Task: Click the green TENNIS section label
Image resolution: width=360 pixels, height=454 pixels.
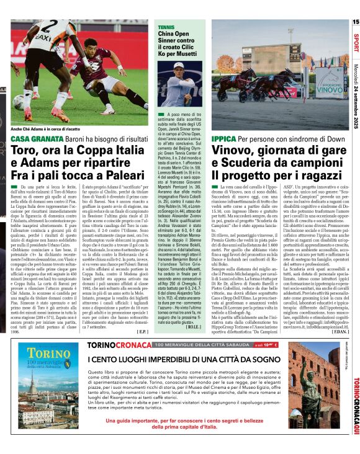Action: [166, 27]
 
